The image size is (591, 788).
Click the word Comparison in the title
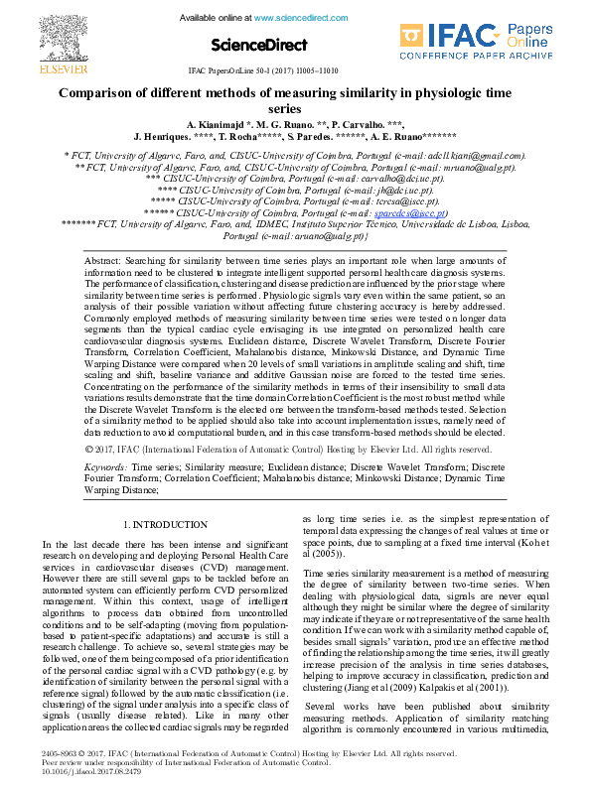[x=104, y=92]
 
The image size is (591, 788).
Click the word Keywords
[x=105, y=465]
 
